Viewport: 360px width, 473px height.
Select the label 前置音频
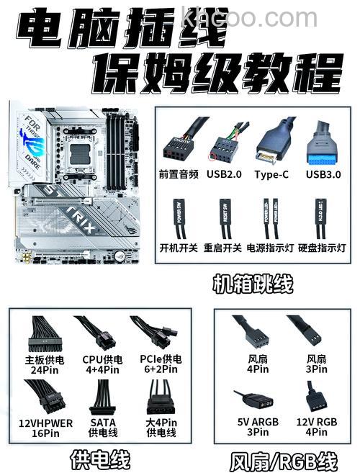(179, 174)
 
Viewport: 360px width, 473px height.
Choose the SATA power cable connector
(102, 397)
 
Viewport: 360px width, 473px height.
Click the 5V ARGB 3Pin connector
(254, 397)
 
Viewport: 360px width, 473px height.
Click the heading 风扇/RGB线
(284, 459)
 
